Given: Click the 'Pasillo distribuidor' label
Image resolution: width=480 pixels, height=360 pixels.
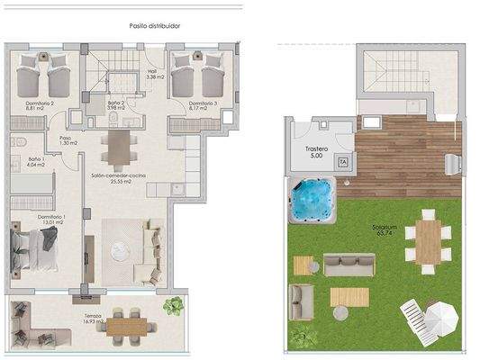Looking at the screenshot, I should point(154,26).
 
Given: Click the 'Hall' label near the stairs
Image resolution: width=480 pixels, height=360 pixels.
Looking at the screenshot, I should point(152,73).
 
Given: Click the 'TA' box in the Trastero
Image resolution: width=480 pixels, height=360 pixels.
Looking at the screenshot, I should point(342,161).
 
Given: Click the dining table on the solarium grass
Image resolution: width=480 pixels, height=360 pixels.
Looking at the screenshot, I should point(429,239).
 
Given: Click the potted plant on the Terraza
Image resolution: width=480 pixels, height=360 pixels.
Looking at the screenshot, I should point(172,306).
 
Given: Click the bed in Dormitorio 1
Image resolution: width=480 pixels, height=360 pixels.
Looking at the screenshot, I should point(36,246).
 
